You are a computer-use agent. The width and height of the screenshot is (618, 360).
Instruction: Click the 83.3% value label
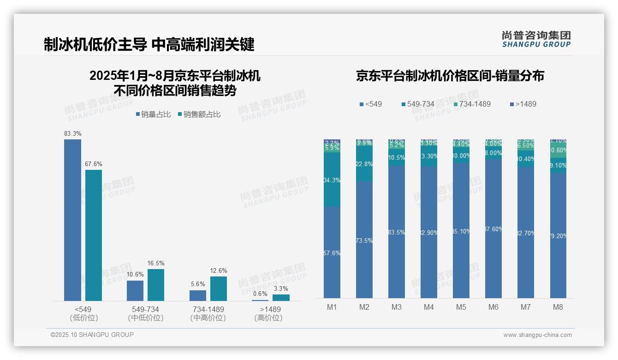[x=73, y=134]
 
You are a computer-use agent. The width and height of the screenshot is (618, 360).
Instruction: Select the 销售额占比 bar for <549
[x=94, y=235]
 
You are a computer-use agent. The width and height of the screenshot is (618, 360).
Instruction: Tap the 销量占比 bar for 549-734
[x=135, y=291]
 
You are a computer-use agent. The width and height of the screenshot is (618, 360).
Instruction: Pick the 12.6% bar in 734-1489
[x=219, y=288]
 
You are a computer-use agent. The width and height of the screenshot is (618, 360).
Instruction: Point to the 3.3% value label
[x=281, y=288]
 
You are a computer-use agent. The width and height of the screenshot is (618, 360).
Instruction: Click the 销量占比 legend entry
[x=154, y=114]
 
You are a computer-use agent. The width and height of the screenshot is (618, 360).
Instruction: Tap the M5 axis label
[x=461, y=307]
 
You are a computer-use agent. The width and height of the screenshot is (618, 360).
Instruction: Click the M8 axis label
[x=558, y=307]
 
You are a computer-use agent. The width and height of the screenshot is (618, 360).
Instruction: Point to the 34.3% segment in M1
[x=332, y=180]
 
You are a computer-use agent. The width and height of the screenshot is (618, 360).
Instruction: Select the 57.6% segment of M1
[x=332, y=253]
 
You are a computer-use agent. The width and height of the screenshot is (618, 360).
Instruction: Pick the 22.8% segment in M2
[x=364, y=164]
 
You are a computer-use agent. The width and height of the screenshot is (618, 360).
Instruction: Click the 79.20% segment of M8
[x=558, y=236]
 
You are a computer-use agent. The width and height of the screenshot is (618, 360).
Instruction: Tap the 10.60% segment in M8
[x=558, y=150]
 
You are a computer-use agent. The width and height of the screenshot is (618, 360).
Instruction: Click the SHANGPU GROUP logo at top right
[x=536, y=39]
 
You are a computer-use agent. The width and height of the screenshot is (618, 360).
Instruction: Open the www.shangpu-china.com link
[x=537, y=335]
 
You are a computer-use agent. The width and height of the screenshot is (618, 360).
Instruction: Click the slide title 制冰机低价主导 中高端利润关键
[x=149, y=45]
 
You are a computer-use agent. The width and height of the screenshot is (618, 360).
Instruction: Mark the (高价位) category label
[x=268, y=318]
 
